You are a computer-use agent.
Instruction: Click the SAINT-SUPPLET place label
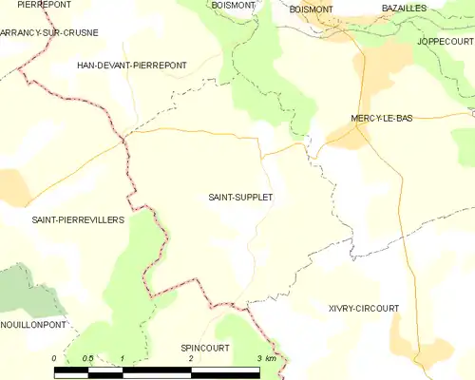pos(240,198)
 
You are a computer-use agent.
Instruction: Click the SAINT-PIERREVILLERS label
pos(79,219)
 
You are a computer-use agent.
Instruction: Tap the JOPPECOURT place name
pos(445,43)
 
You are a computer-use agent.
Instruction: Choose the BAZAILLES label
pos(404,8)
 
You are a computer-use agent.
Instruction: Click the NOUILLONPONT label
pos(33,324)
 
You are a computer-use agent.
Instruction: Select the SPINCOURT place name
pos(205,348)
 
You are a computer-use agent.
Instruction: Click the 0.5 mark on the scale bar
pos(88,358)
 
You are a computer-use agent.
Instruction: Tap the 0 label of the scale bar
pos(55,358)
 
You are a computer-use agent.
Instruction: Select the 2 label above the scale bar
pos(191,358)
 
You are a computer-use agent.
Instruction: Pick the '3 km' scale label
pos(265,358)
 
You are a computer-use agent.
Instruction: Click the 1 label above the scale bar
pos(123,358)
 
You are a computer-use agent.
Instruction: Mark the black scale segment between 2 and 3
pos(225,370)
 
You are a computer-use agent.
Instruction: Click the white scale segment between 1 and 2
pos(157,370)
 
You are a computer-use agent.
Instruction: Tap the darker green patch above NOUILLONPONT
pos(28,296)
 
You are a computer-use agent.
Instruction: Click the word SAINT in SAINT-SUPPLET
pos(221,198)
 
